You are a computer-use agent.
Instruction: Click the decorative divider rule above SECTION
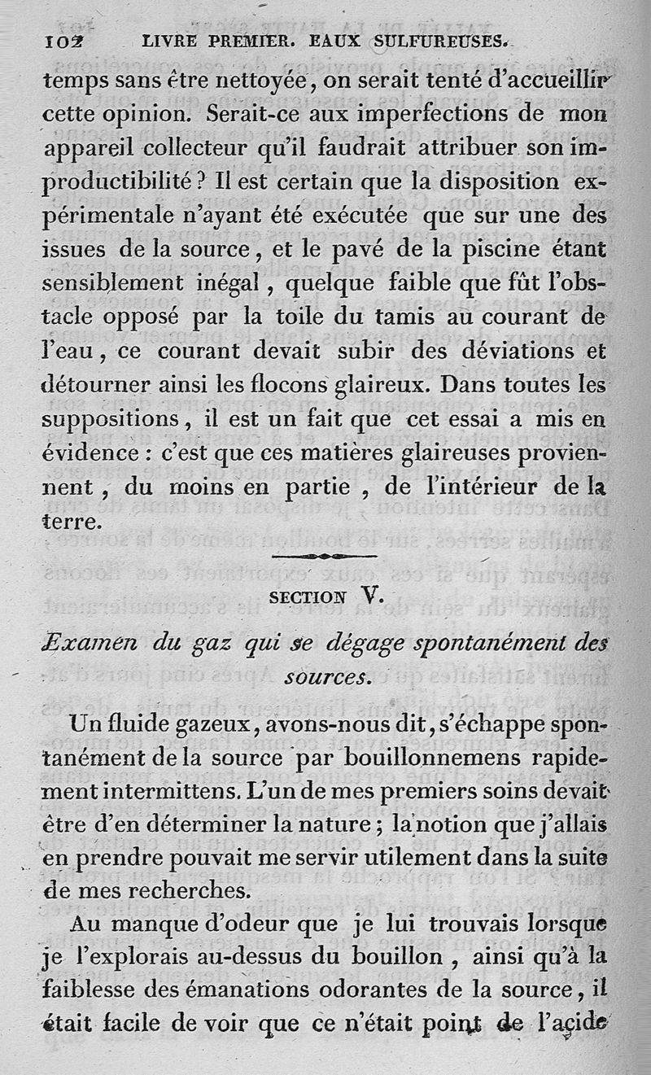tap(325, 556)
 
